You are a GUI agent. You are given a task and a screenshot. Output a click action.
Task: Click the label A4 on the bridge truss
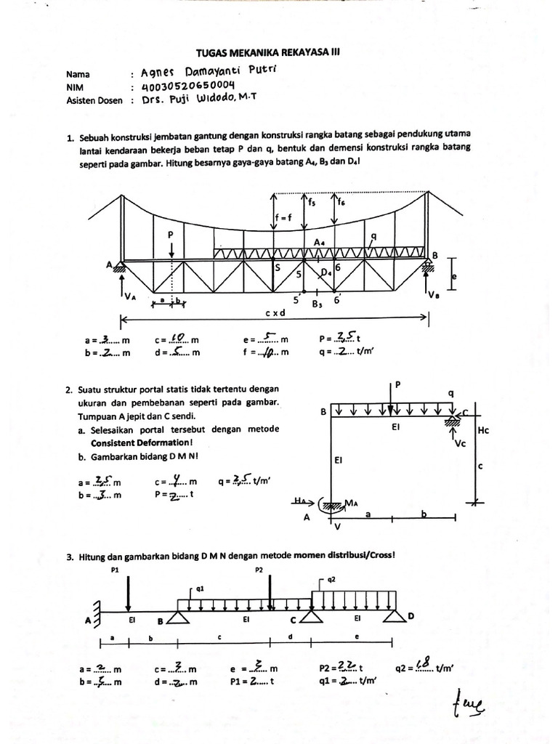point(320,242)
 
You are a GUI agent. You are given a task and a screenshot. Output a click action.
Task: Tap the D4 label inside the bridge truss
point(325,272)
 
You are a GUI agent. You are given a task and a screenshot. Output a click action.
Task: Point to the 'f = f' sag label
point(283,217)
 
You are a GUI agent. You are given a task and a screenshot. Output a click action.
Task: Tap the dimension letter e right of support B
point(454,277)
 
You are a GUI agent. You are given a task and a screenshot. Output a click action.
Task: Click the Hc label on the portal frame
point(485,431)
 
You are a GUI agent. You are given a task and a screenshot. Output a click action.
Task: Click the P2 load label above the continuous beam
point(259,570)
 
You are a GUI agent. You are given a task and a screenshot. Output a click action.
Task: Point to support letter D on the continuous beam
point(411,616)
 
